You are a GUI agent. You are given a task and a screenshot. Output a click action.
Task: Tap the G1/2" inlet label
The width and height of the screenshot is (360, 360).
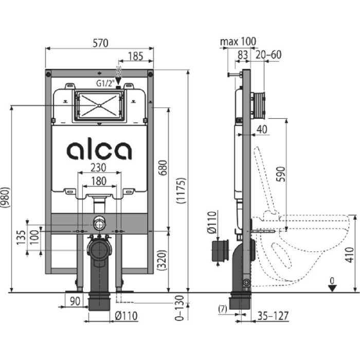coord(104,82)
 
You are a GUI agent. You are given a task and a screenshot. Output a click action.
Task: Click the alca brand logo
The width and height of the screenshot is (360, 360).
coord(99,150)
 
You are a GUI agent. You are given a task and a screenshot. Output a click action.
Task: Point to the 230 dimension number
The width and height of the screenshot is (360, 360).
coord(99,168)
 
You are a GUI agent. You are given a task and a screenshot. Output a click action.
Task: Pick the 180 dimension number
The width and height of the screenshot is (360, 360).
coord(99,181)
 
